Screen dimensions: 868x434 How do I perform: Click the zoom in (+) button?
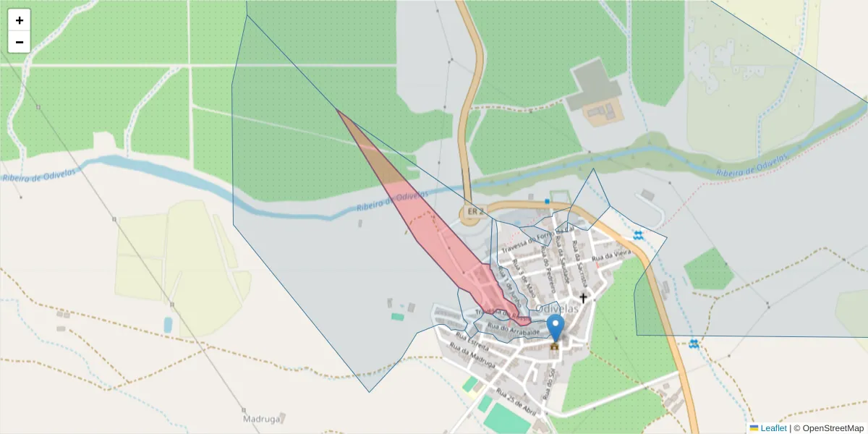(20, 20)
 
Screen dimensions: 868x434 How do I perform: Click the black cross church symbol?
(582, 297)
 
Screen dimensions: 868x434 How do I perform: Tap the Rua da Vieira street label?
(611, 255)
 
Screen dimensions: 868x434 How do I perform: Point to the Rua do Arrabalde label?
(514, 330)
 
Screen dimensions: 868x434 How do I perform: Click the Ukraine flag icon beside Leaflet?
(754, 427)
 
